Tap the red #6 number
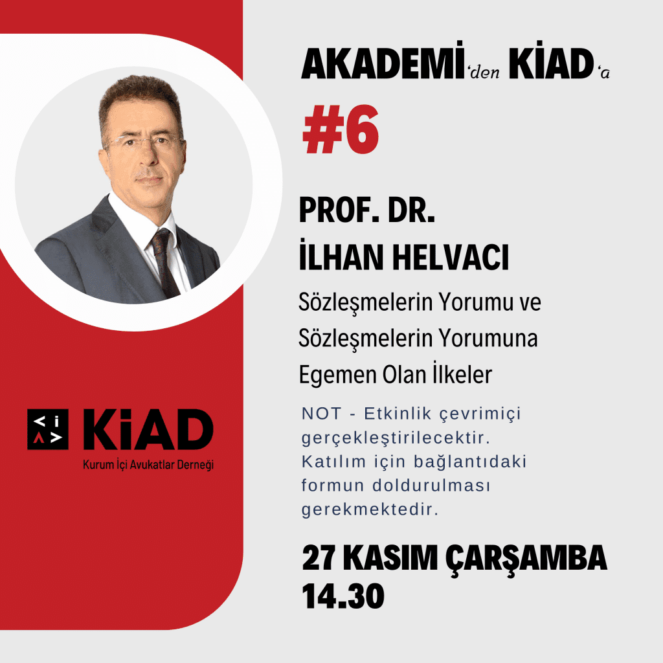[x=341, y=129]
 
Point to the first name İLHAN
[x=341, y=255]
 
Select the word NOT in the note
[x=321, y=414]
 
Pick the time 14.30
[x=343, y=596]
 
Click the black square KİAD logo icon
[x=48, y=429]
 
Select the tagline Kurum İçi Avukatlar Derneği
[x=148, y=465]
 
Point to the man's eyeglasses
[x=145, y=143]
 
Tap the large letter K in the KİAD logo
[x=100, y=429]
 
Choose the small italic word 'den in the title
[x=484, y=72]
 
